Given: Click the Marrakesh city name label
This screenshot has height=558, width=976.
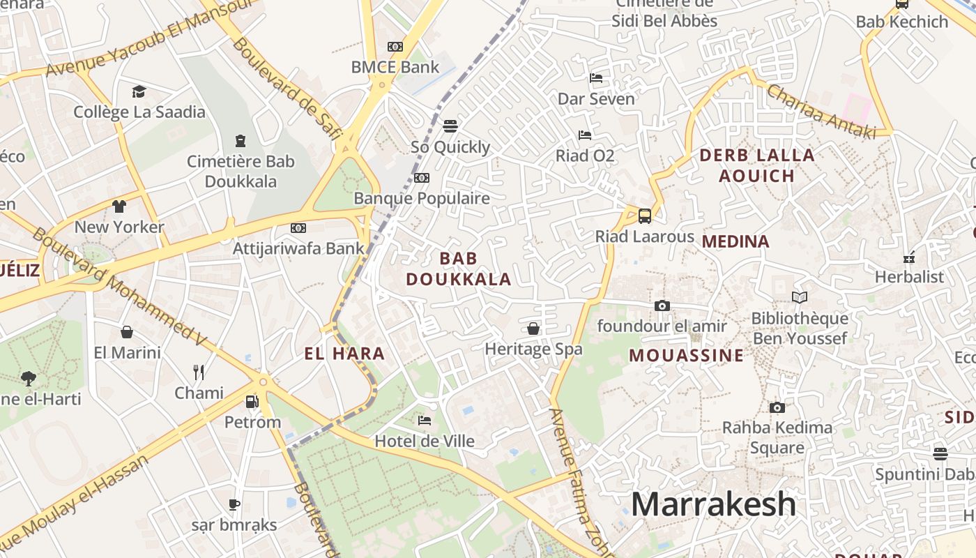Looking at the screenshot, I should [713, 504].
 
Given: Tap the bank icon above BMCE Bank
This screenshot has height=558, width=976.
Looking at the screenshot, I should [395, 47].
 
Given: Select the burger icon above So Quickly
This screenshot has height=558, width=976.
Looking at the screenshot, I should [450, 126].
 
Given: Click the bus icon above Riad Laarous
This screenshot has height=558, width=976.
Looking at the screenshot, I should [645, 216].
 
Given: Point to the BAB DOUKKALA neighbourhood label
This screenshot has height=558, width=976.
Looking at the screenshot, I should [459, 269].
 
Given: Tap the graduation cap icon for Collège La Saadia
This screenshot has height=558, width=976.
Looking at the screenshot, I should [139, 91].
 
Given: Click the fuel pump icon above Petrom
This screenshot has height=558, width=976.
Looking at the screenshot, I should [252, 401].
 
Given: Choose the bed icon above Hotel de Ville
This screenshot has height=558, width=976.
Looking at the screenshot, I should [424, 420].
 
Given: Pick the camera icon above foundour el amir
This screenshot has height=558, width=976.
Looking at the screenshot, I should [662, 306].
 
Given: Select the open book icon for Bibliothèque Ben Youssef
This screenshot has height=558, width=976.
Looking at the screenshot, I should [800, 298].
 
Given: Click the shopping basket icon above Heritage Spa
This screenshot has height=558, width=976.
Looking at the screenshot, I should [533, 328].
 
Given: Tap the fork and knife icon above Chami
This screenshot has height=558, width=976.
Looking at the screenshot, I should [199, 372].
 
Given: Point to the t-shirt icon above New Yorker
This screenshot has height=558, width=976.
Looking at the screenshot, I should [119, 206].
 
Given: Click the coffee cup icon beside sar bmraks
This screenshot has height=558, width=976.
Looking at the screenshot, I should [234, 504].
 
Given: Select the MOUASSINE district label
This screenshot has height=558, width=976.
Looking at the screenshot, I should [687, 355].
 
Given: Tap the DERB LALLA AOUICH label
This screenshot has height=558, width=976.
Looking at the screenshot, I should [756, 165].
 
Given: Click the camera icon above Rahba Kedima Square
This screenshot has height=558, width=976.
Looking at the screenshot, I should [777, 407].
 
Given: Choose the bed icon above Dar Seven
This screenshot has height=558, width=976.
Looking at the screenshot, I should [596, 77].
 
